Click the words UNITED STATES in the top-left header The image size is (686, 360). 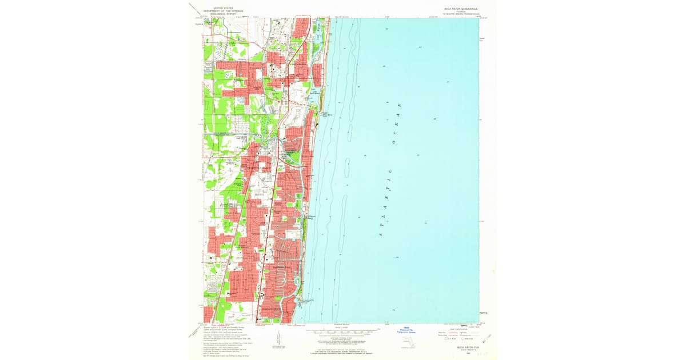224,8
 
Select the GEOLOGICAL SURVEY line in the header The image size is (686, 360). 224,13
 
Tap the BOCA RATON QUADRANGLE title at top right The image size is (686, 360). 461,9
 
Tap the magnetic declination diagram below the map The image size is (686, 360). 278,337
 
